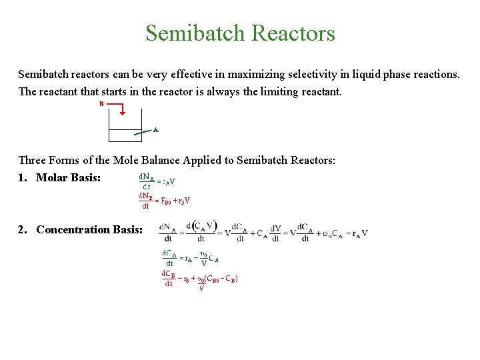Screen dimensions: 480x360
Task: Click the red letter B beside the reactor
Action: click(x=101, y=104)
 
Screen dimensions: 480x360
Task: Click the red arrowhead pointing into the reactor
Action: click(x=121, y=113)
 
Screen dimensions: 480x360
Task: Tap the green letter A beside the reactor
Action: click(x=155, y=130)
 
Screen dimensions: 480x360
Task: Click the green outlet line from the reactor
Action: click(x=143, y=132)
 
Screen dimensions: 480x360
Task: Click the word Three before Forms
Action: click(x=33, y=160)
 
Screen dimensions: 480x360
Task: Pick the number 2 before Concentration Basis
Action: click(x=22, y=229)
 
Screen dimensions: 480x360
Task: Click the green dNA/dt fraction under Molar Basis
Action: click(x=147, y=182)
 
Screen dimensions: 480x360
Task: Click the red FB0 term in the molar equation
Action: click(x=167, y=201)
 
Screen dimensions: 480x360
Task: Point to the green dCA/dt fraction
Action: click(x=169, y=259)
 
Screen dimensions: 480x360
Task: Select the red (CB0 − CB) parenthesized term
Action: click(x=223, y=279)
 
